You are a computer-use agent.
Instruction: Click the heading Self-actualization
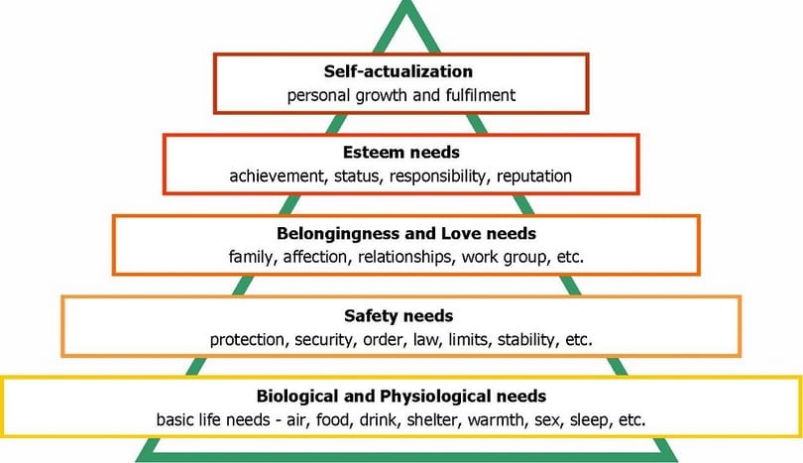398,71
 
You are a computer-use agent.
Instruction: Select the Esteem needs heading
401,152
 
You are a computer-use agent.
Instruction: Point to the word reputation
534,176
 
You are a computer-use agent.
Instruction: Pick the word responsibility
437,176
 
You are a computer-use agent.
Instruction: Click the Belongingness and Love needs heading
406,234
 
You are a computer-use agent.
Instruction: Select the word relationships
405,257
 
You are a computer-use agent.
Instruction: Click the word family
253,257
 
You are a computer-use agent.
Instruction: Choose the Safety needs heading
399,315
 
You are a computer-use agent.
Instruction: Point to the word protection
249,340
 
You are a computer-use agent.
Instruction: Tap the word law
425,340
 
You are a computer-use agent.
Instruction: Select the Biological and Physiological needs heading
401,396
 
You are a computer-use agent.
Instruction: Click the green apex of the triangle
407,3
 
